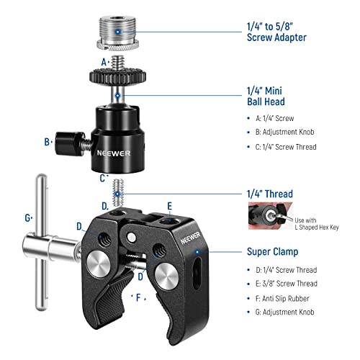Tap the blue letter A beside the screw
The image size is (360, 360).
(x=105, y=62)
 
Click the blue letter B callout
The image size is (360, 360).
(x=47, y=143)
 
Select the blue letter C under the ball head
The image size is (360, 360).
(x=105, y=176)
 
